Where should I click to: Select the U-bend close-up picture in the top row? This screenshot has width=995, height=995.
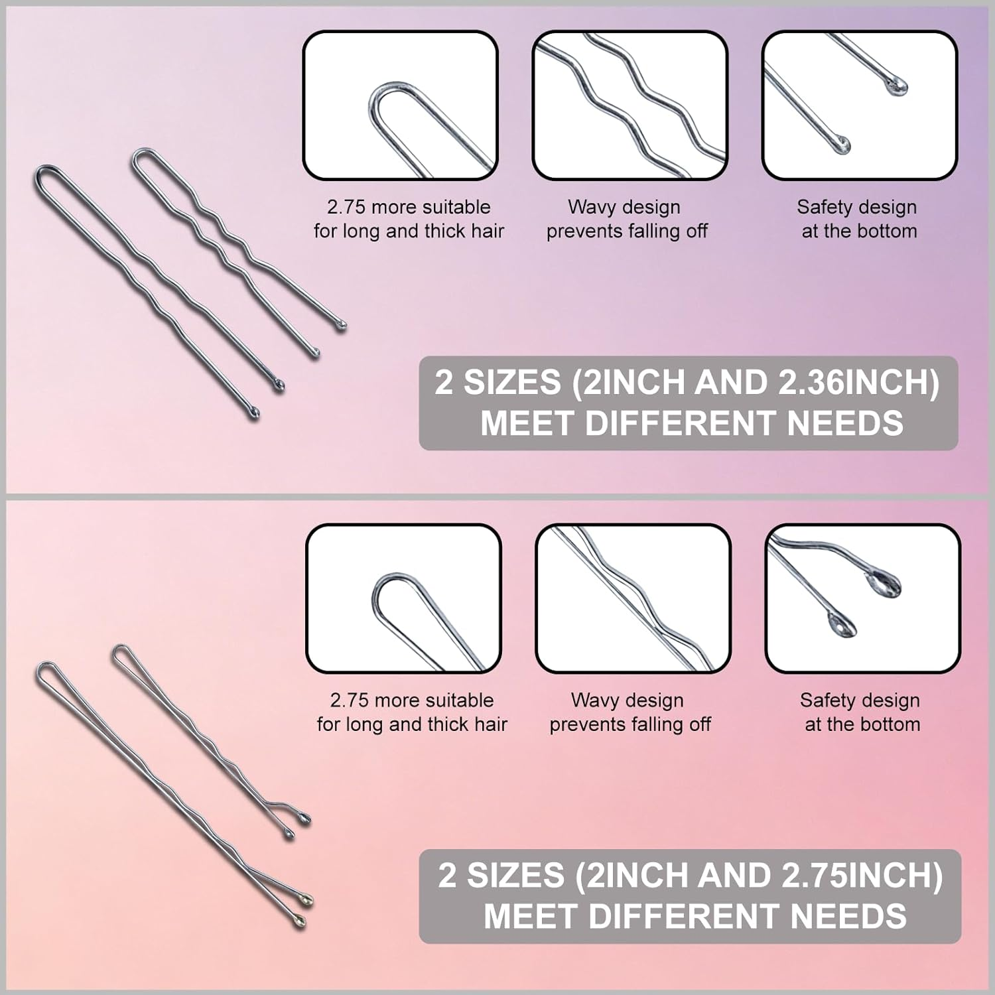[400, 105]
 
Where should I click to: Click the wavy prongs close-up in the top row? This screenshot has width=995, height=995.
[630, 105]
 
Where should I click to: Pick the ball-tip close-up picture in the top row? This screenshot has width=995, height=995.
[859, 105]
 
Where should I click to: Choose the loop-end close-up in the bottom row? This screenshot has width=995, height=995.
[403, 598]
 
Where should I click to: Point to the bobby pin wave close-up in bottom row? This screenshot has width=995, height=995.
[633, 598]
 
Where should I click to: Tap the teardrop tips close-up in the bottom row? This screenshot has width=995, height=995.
[862, 598]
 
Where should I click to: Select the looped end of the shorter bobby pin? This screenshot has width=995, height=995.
[123, 655]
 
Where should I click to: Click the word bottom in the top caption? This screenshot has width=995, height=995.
[886, 231]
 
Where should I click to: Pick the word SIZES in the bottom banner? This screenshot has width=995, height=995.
[515, 876]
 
